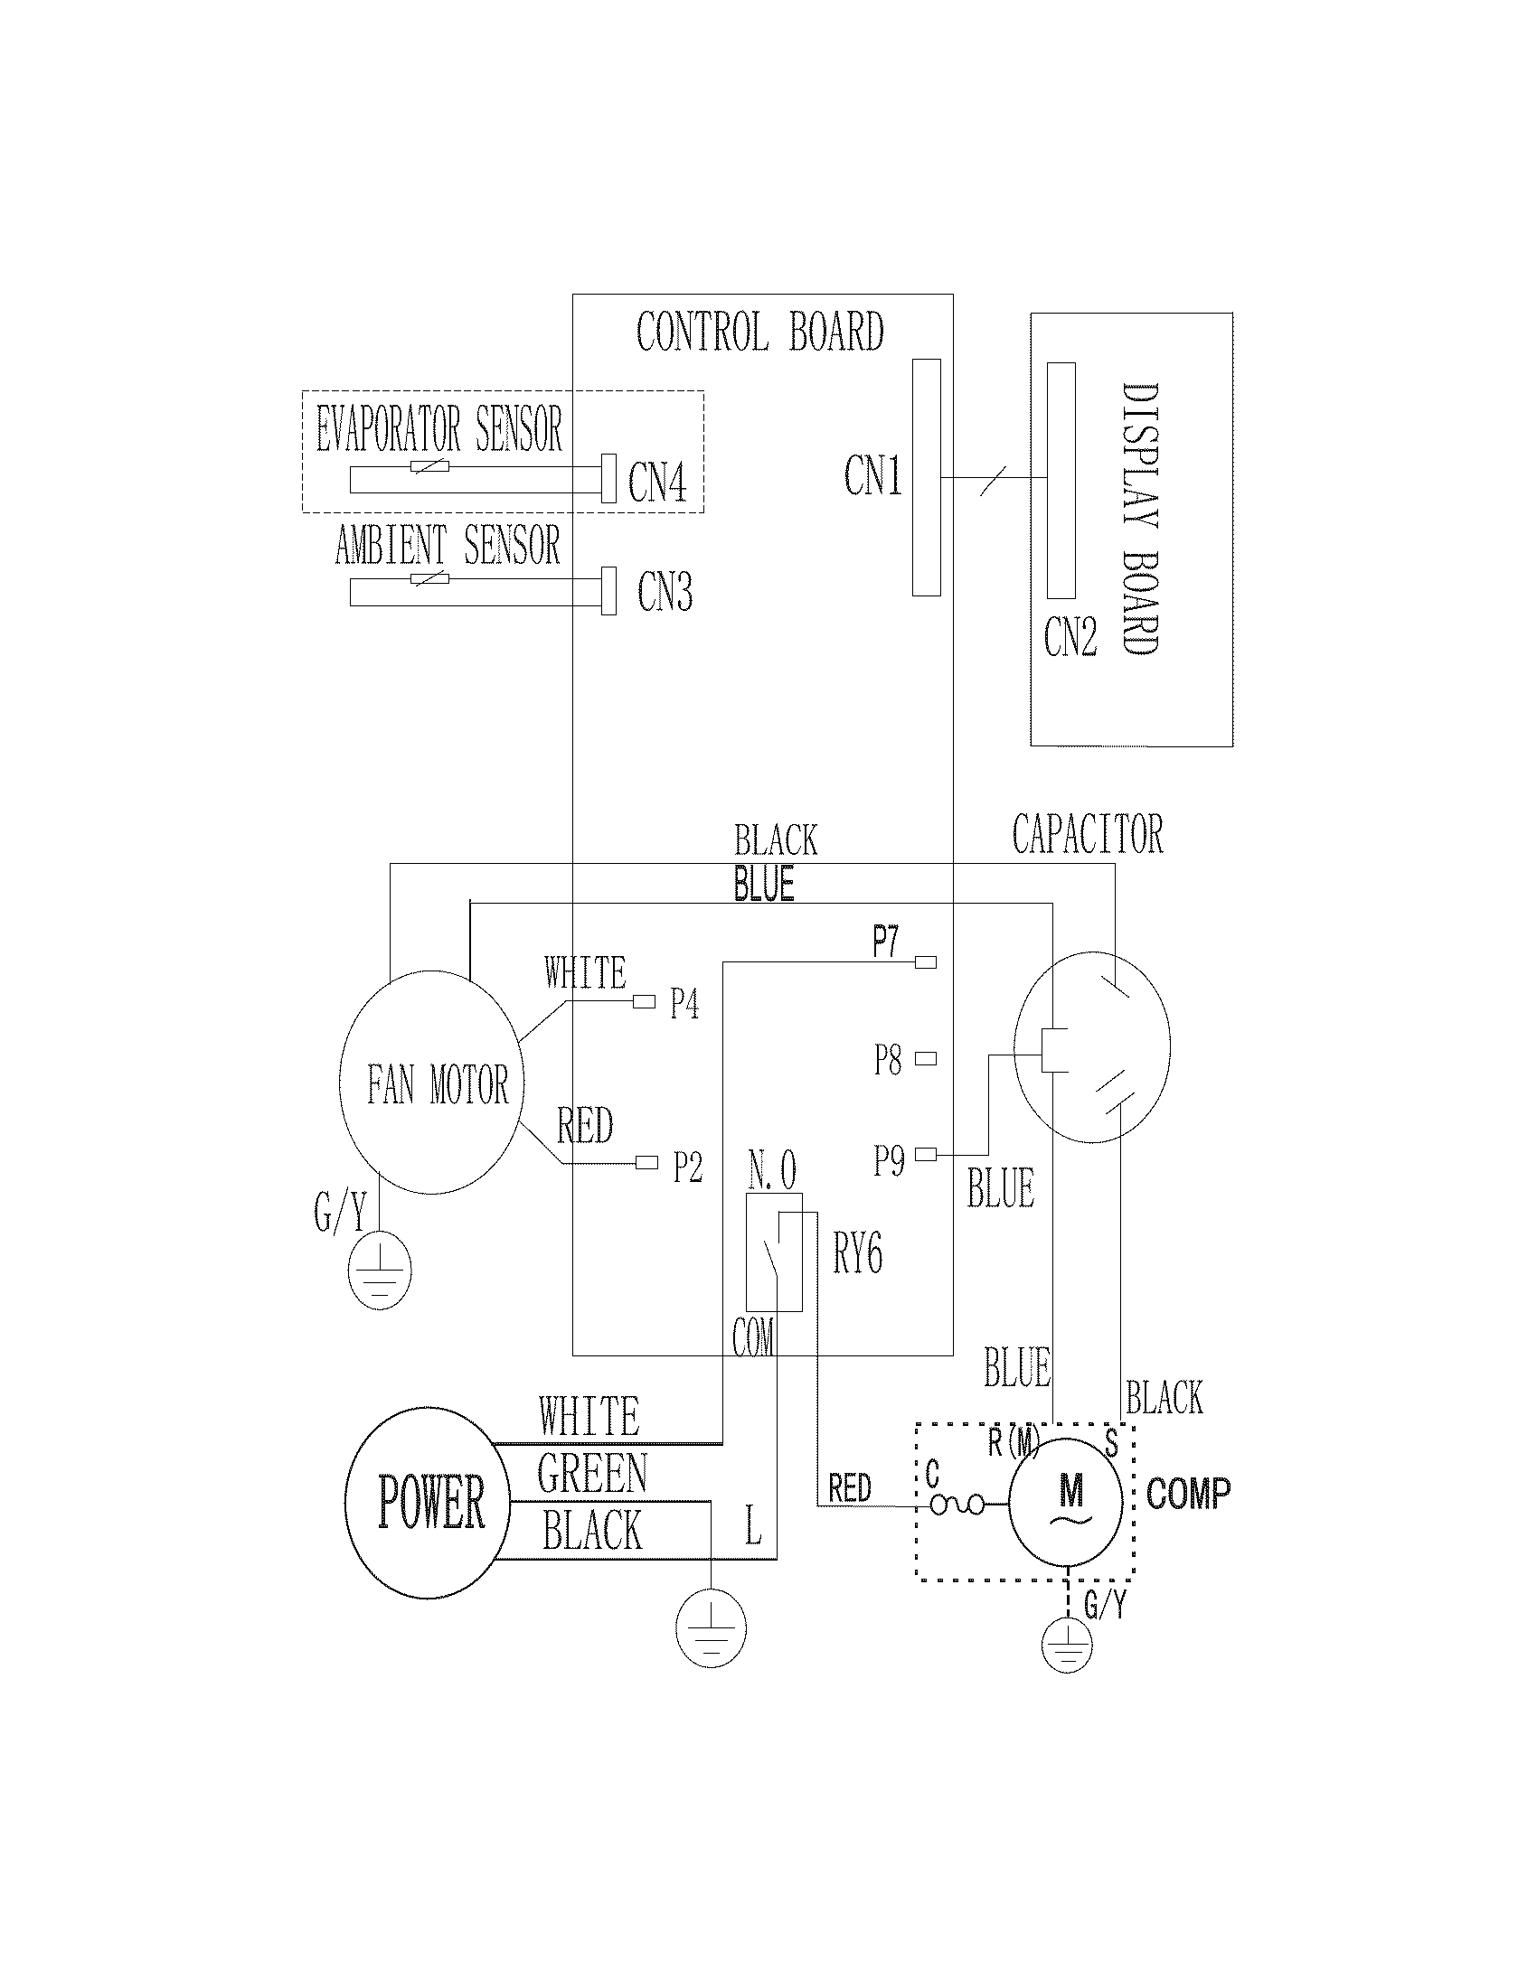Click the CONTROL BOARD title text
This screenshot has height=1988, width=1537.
[759, 333]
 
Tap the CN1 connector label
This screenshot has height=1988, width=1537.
[872, 476]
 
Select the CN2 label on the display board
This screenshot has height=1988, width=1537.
[1070, 636]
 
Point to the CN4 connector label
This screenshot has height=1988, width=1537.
[656, 483]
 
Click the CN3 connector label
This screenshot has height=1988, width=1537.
[665, 592]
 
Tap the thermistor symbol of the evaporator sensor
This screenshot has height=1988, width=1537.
[430, 467]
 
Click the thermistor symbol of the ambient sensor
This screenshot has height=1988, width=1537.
[430, 579]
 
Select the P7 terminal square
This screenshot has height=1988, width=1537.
[925, 962]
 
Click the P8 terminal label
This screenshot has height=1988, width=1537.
[888, 1061]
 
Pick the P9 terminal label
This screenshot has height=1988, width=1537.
[889, 1160]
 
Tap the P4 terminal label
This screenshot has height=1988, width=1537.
[684, 1004]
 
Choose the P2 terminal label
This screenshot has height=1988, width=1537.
[687, 1167]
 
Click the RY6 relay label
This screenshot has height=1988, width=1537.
[857, 1253]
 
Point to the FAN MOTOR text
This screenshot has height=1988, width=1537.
[437, 1085]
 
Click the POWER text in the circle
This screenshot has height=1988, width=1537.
[430, 1502]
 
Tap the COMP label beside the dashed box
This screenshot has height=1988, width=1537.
[1187, 1494]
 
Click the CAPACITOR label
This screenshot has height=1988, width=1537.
[1087, 834]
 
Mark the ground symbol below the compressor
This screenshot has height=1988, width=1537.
[1066, 1645]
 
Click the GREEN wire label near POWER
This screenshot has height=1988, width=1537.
[592, 1474]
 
